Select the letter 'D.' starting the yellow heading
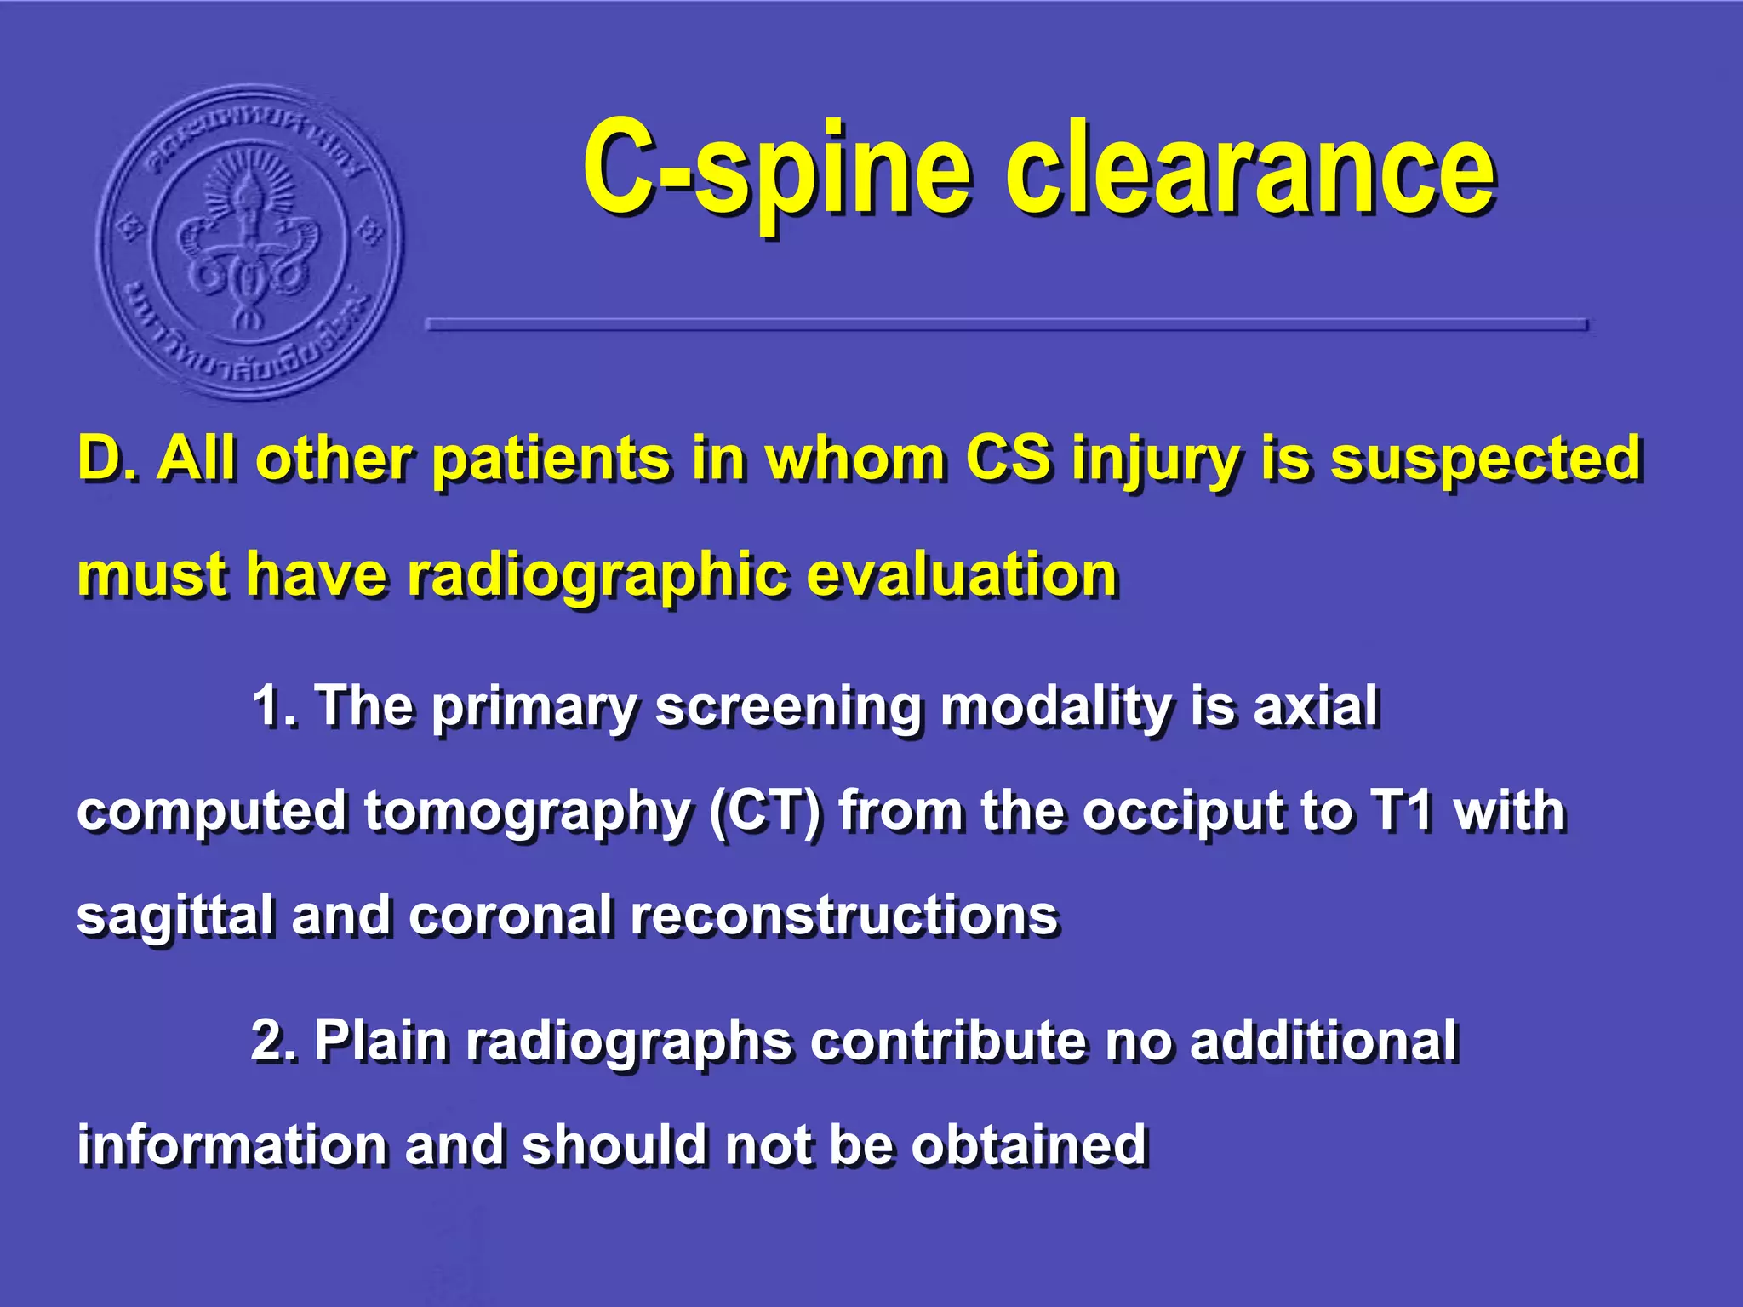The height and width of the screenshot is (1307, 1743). (106, 459)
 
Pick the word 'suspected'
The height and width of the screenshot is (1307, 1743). (1485, 460)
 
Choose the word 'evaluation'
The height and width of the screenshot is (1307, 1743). (962, 575)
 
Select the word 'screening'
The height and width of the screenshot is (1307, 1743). (787, 708)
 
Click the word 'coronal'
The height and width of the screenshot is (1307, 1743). (511, 916)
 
